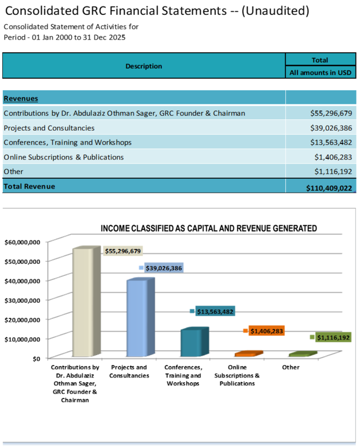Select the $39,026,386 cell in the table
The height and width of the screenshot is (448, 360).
328,128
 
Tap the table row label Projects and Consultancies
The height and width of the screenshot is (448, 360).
49,128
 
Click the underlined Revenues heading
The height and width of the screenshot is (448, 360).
21,98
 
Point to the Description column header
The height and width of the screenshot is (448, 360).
144,66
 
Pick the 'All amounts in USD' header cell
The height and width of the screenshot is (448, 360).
320,73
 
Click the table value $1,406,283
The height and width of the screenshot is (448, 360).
332,157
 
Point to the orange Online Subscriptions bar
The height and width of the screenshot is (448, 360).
247,354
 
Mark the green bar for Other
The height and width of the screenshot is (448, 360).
300,354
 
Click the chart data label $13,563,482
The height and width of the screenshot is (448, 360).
215,311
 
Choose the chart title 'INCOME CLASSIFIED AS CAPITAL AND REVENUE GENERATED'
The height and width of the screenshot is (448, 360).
208,228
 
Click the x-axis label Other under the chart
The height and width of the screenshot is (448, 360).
291,367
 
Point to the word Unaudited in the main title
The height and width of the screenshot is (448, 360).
275,10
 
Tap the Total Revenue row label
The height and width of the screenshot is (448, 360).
29,186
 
